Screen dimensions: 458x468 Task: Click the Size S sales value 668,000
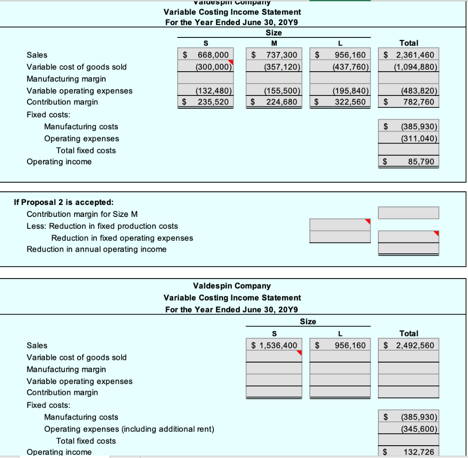213,55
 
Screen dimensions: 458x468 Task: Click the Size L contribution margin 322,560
350,102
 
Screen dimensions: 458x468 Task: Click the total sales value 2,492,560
415,345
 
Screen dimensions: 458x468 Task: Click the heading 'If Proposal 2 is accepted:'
64,202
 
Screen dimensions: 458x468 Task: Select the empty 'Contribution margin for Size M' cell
408,213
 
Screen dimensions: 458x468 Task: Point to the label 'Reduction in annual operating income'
96,249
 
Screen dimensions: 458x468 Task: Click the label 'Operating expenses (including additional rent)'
129,429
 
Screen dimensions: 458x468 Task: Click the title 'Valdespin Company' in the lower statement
232,286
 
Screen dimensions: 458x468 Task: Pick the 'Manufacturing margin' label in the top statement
66,79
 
